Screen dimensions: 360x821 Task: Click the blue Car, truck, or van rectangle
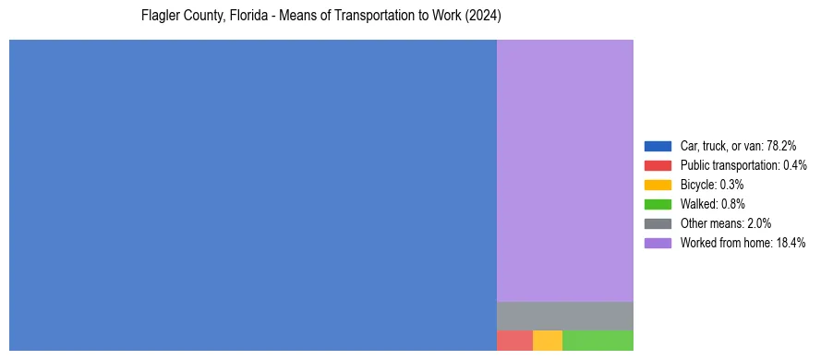pyautogui.click(x=252, y=195)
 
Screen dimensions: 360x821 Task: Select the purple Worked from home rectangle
pyautogui.click(x=565, y=170)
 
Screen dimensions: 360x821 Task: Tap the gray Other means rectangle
pyautogui.click(x=565, y=316)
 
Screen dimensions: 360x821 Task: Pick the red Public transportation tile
pyautogui.click(x=514, y=341)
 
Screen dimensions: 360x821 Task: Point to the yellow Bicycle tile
pyautogui.click(x=548, y=341)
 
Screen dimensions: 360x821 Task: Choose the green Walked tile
pyautogui.click(x=598, y=341)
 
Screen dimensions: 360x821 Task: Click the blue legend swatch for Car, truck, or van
pyautogui.click(x=658, y=146)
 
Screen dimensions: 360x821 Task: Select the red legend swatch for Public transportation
pyautogui.click(x=658, y=165)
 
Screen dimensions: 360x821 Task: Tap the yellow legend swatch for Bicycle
pyautogui.click(x=658, y=185)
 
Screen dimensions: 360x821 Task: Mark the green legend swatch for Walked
pyautogui.click(x=658, y=204)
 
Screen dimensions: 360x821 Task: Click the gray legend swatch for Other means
pyautogui.click(x=658, y=223)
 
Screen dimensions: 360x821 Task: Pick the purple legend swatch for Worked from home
pyautogui.click(x=658, y=243)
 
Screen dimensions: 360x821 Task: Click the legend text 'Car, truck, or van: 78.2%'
pyautogui.click(x=738, y=146)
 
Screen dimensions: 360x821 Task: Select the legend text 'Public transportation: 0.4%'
pyautogui.click(x=743, y=165)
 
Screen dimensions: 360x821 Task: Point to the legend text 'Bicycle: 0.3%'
pyautogui.click(x=712, y=185)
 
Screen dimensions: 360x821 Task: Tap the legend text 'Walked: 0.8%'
pyautogui.click(x=712, y=204)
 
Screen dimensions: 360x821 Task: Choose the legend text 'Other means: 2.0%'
pyautogui.click(x=725, y=223)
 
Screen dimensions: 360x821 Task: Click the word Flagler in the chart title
pyautogui.click(x=161, y=18)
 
